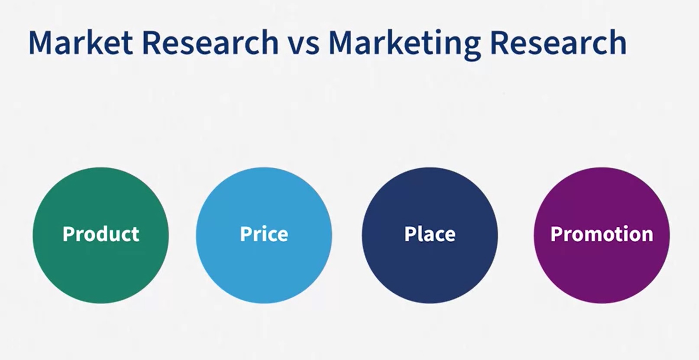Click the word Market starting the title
[x=81, y=42]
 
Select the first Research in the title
[x=210, y=42]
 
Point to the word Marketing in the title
[x=405, y=44]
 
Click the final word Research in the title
[x=558, y=42]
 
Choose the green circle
[x=100, y=236]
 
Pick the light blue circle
[x=264, y=236]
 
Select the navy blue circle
[x=430, y=236]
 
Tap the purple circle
[x=602, y=236]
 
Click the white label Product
[x=101, y=234]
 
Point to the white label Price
[x=264, y=234]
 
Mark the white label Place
[x=430, y=234]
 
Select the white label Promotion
[x=602, y=234]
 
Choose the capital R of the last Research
[x=500, y=43]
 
